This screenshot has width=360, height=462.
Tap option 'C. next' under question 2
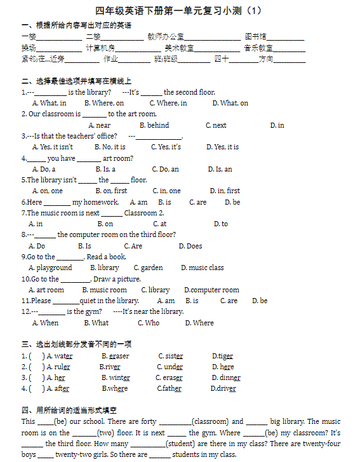[216, 125]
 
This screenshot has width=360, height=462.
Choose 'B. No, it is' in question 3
[110, 147]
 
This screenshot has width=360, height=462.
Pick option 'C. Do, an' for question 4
[165, 169]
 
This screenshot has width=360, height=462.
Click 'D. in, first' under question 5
[225, 191]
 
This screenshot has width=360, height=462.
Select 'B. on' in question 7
[105, 224]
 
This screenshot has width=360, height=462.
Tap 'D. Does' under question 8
[190, 246]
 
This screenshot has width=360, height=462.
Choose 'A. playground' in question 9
[50, 268]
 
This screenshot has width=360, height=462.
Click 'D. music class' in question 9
[202, 268]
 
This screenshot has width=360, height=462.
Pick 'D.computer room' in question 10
[211, 290]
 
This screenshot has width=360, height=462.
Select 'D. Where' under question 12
[199, 323]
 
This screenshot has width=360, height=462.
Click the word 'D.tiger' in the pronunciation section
[222, 356]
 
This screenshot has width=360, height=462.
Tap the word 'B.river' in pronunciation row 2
[110, 367]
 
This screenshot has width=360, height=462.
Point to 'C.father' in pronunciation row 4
[169, 388]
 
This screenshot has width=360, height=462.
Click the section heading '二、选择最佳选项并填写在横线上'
[76, 81]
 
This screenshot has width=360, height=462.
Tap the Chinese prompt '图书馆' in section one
[255, 37]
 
